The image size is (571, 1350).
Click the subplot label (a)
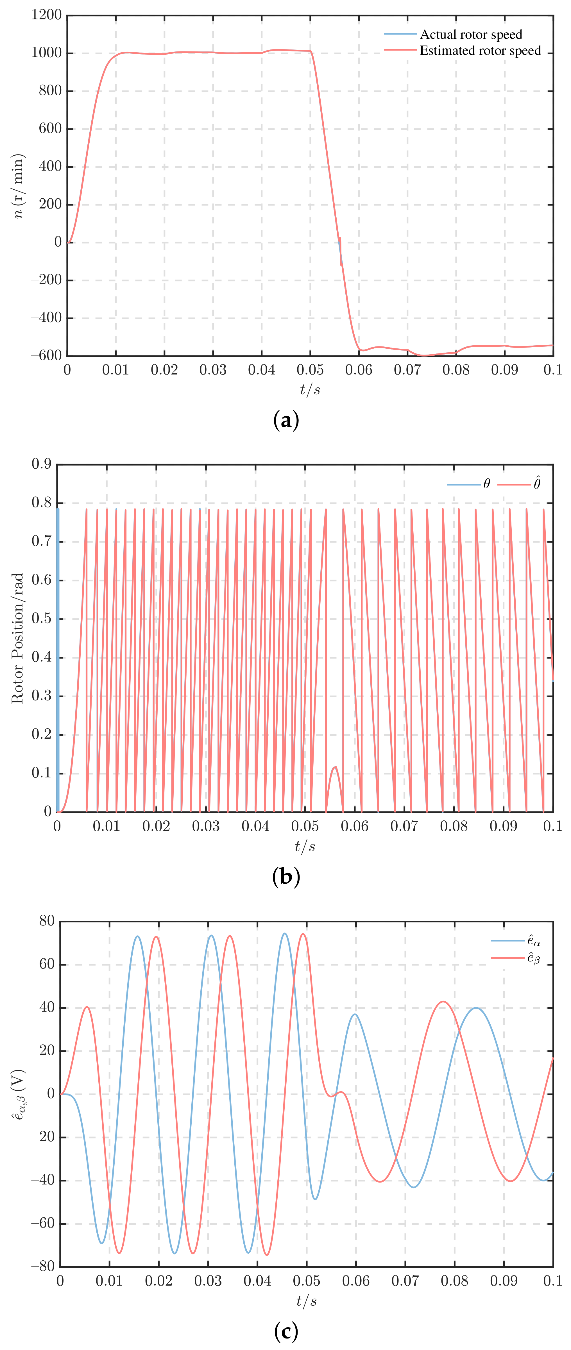pos(286,420)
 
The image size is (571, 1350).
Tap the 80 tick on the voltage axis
pos(47,921)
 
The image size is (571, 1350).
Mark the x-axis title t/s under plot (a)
pos(310,389)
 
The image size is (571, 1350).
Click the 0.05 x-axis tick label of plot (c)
pos(306,1281)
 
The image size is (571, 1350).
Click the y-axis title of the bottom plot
pos(19,1094)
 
